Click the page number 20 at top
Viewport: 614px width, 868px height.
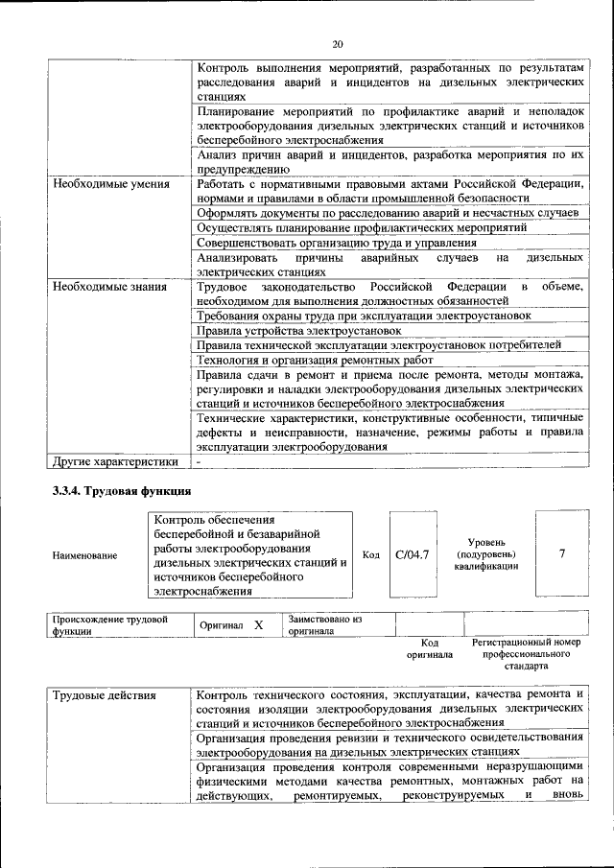coord(337,43)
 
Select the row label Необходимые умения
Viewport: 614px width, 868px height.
coord(111,183)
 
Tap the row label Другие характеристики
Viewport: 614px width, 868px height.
coord(116,461)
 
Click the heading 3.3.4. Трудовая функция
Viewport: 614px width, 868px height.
coord(121,492)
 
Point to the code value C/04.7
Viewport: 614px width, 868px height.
coord(413,554)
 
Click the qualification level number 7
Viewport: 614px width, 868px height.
coord(561,553)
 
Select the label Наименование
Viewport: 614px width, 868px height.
coord(85,555)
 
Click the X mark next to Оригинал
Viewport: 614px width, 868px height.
coord(258,625)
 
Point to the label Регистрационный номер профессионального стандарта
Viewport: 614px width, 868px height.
coord(527,653)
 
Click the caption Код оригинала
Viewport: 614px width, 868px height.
coord(430,648)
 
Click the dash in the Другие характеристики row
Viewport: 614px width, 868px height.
coord(199,461)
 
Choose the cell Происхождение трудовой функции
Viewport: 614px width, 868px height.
coord(110,625)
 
